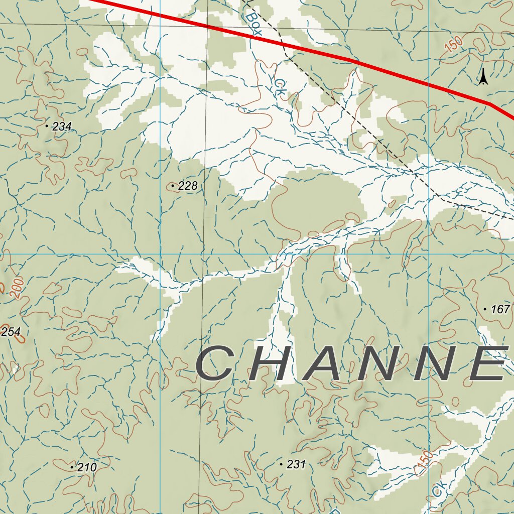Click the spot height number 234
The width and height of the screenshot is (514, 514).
[62, 126]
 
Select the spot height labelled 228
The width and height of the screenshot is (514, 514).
[188, 186]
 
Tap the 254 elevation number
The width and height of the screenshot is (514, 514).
[11, 332]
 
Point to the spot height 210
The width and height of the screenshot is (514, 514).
[87, 467]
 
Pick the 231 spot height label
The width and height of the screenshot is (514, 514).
[296, 465]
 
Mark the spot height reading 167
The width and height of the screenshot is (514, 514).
[500, 309]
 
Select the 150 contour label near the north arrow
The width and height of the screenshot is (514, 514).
[454, 45]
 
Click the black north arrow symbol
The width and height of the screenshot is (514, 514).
[483, 77]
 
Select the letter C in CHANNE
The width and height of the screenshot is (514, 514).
[215, 363]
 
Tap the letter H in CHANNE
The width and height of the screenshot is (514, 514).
[272, 363]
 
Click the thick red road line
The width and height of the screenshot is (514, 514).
[351, 60]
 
